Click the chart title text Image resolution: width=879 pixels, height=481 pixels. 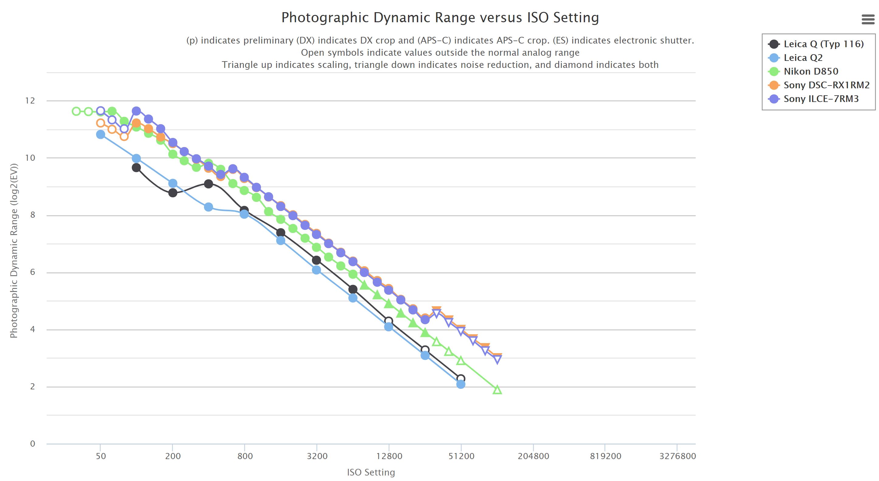tap(440, 18)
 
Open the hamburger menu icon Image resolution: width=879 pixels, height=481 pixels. tap(868, 19)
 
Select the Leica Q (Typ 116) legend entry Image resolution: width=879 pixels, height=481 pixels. tap(823, 44)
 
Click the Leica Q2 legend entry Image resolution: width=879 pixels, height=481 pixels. tap(803, 58)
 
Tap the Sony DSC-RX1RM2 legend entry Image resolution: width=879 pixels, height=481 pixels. tap(826, 85)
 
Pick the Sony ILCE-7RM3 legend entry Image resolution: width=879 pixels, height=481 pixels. tap(821, 99)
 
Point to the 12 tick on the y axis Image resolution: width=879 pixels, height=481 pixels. tap(30, 100)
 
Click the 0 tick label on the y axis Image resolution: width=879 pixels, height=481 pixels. tap(33, 444)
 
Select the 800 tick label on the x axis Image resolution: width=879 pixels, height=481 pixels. tap(245, 456)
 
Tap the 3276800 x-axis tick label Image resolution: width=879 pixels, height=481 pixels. tap(677, 456)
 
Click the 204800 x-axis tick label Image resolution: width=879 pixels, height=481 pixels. tap(533, 456)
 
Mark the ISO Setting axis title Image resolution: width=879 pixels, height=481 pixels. tap(371, 472)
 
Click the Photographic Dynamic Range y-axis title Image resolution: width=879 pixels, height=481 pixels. tap(14, 251)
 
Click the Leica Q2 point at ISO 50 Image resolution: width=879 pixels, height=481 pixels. tap(100, 135)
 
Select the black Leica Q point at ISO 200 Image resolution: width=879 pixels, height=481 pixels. tap(173, 193)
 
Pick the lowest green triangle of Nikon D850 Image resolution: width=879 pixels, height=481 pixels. tap(497, 390)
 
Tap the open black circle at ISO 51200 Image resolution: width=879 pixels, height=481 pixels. tap(461, 378)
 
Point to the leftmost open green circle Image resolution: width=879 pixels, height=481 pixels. tap(76, 111)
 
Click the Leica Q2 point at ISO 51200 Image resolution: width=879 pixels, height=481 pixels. tap(461, 384)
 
